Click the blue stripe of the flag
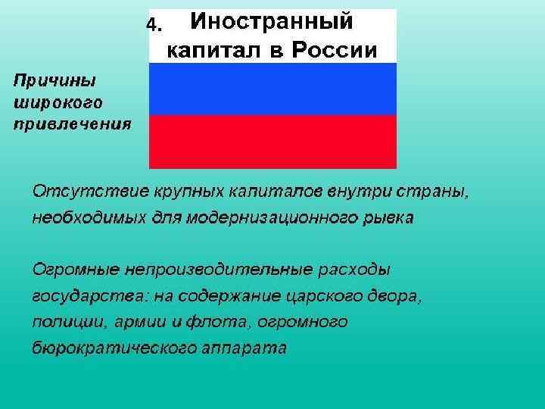click(x=272, y=89)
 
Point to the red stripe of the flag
click(x=272, y=141)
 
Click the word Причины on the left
click(x=52, y=80)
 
